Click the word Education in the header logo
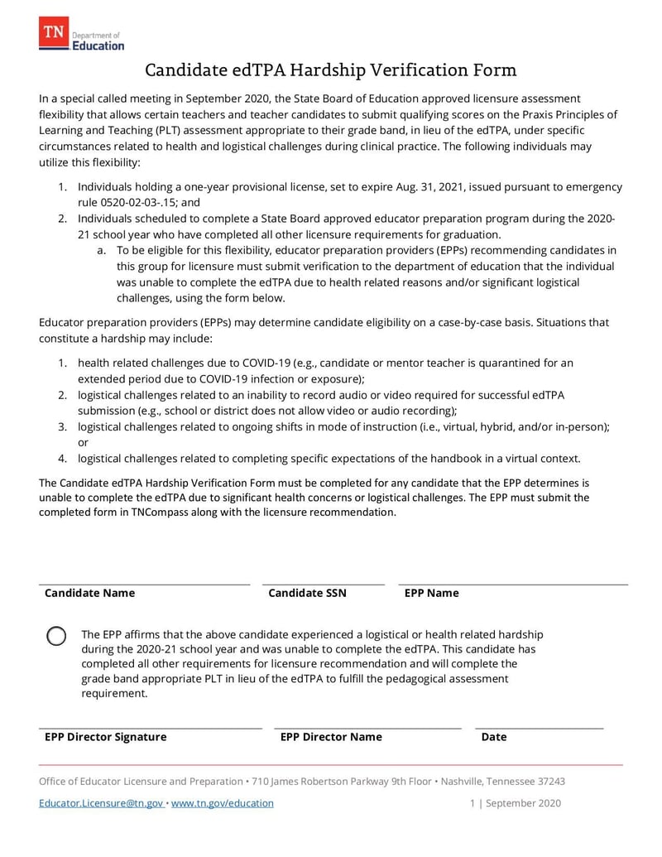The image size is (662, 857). [x=98, y=46]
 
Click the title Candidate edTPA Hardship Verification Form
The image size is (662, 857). [x=331, y=70]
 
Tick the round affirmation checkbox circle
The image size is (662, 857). [x=56, y=636]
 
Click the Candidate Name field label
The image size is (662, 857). [x=89, y=593]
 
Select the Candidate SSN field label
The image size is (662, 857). [x=307, y=593]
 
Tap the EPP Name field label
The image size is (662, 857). [x=431, y=593]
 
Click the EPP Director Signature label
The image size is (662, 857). [x=105, y=737]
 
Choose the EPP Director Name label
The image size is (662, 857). [x=331, y=737]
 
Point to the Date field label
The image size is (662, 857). [x=494, y=737]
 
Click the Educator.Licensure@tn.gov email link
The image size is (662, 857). [x=101, y=803]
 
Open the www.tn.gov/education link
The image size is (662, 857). [x=222, y=803]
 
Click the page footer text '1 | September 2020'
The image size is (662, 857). [x=516, y=803]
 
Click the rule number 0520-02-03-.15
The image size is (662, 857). [x=122, y=202]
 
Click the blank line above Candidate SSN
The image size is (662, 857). [x=324, y=584]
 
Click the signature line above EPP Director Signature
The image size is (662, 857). [x=151, y=728]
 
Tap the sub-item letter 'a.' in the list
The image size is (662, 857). [x=103, y=250]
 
